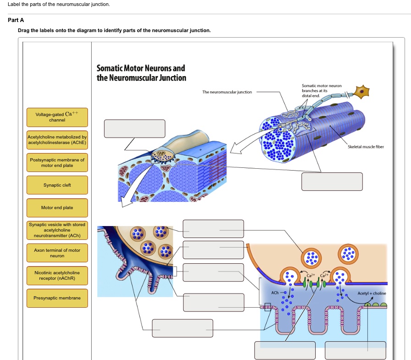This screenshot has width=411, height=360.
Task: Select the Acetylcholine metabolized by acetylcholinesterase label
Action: coord(57,139)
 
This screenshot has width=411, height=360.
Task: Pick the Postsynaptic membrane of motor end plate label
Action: coord(57,162)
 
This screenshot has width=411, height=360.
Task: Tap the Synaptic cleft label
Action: coord(57,185)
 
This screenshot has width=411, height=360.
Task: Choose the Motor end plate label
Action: coord(57,208)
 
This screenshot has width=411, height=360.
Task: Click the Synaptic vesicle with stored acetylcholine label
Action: coord(57,230)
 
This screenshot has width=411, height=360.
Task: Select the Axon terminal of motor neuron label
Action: coord(57,253)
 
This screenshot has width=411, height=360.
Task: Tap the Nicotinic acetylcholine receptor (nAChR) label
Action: coord(57,275)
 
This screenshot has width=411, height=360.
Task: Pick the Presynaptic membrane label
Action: coord(57,298)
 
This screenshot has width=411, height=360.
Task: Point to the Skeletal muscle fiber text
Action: coord(365,147)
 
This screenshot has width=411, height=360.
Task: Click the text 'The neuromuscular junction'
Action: coord(227,92)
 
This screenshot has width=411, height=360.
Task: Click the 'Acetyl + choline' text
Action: coord(372,294)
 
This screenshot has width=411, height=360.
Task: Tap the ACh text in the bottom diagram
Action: coord(275,293)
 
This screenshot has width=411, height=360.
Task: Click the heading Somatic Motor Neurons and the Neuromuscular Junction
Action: coord(141,73)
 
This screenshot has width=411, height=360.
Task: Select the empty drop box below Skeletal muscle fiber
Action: coord(332,181)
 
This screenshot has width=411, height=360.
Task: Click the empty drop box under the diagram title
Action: coord(134,128)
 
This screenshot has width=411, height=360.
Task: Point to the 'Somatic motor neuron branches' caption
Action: coord(315,90)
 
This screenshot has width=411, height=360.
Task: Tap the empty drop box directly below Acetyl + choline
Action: coord(356,350)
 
